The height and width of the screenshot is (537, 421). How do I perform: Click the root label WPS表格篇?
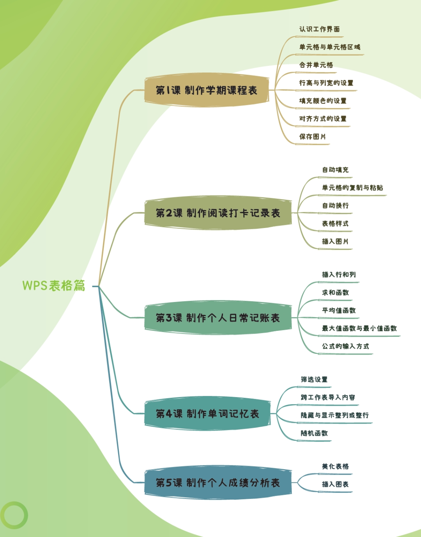54,285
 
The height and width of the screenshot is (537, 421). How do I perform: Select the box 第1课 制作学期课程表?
207,90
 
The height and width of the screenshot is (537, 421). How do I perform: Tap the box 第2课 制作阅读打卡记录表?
218,213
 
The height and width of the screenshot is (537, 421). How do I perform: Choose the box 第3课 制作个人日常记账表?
218,318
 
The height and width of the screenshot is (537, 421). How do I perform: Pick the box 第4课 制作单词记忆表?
207,413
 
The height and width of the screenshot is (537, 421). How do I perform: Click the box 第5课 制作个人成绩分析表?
218,483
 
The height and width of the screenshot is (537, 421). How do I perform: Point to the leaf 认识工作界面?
319,29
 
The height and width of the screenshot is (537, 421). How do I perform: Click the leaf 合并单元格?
316,65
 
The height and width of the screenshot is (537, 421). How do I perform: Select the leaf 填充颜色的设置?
323,101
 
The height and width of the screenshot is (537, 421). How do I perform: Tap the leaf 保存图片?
313,137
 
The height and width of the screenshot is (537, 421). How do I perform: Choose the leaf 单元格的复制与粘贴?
352,188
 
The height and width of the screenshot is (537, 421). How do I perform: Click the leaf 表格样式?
335,224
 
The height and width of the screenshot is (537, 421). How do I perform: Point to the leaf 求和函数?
335,293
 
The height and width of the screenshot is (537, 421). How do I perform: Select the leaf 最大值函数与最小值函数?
359,329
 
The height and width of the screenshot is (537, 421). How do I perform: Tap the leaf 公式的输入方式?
345,346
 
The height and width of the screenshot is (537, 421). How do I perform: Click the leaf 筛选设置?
314,380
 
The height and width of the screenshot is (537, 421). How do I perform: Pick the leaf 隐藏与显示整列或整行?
334,415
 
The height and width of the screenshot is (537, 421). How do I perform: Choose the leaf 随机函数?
314,433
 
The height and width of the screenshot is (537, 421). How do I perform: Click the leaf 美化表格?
335,466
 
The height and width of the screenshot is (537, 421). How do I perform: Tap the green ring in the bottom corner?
14,515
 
